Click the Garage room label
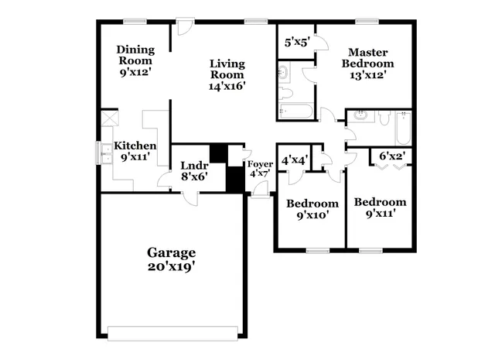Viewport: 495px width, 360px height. [x=172, y=252]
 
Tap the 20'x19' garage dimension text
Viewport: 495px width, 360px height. [x=172, y=267]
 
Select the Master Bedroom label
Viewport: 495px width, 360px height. [x=367, y=57]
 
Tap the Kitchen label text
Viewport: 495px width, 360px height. [x=135, y=146]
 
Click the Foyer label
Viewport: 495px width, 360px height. [x=259, y=163]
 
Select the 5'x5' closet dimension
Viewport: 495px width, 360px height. [x=295, y=43]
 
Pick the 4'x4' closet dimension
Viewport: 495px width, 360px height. [x=294, y=160]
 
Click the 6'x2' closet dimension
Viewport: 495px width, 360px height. [x=392, y=157]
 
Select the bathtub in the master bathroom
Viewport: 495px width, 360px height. [x=295, y=111]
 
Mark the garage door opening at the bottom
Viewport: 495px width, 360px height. [x=173, y=333]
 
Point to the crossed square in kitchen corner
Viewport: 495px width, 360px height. [x=108, y=120]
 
